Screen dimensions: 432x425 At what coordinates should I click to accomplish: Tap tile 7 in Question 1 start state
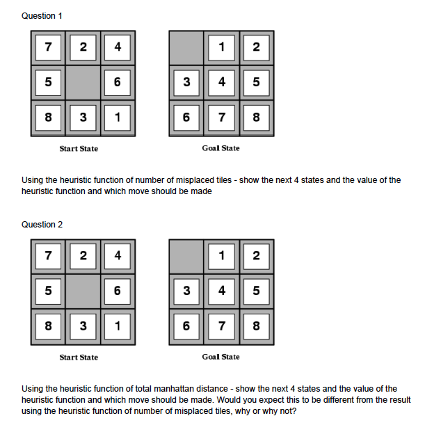48,47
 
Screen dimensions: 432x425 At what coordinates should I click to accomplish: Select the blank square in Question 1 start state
83,82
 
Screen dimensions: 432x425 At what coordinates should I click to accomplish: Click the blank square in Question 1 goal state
186,47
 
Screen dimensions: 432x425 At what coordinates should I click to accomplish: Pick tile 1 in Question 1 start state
118,117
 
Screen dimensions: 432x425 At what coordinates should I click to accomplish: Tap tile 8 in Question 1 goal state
256,117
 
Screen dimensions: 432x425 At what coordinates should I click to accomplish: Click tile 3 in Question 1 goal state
186,82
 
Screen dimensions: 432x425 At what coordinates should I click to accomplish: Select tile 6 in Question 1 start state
118,82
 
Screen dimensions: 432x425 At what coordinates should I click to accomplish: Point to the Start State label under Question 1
79,148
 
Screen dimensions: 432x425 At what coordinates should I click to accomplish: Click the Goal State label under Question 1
220,148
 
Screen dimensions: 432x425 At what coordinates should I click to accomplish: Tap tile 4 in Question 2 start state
118,255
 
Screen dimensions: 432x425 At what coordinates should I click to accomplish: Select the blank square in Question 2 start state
83,290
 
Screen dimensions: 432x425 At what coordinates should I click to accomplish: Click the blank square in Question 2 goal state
186,255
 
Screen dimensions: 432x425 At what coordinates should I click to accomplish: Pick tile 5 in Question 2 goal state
256,290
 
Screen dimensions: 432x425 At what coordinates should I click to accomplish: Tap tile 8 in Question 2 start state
48,325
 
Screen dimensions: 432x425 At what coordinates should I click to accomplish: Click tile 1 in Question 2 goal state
221,255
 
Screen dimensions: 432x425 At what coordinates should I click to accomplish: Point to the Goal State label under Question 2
220,357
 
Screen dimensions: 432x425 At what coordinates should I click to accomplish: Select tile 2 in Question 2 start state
83,255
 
